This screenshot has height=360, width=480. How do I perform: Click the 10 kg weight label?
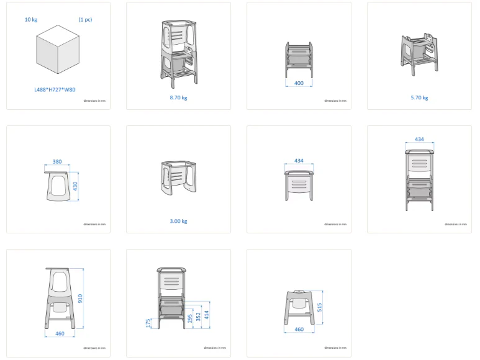[30, 20]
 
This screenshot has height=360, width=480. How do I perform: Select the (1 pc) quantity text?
[85, 20]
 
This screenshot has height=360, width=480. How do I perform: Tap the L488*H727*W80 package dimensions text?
[55, 90]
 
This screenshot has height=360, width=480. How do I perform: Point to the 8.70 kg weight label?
[178, 97]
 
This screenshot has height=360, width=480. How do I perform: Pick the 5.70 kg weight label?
[419, 97]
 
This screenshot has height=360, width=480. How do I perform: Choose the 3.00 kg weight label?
[178, 221]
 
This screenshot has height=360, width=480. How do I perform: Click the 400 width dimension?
[299, 83]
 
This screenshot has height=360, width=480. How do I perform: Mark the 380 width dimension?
[57, 162]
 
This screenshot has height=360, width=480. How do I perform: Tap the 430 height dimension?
[76, 186]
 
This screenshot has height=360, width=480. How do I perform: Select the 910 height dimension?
[80, 299]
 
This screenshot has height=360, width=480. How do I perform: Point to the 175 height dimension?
[148, 323]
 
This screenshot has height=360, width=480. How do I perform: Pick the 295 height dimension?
[190, 318]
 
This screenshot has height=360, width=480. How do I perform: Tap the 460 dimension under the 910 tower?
[60, 334]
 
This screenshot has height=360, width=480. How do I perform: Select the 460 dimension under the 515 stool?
[299, 330]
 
